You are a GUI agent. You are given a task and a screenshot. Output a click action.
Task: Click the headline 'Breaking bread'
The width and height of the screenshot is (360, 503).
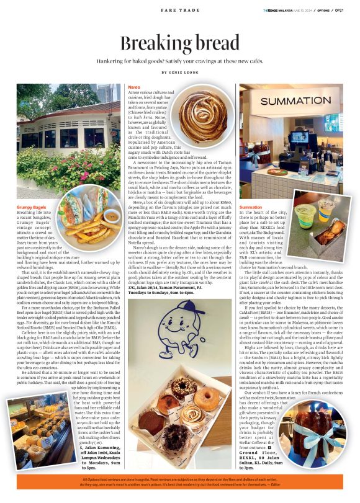click(179, 43)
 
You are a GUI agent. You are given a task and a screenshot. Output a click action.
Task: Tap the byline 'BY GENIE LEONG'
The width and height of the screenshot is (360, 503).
click(179, 73)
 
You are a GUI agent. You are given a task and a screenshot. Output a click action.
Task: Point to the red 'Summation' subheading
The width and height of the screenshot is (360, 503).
click(251, 207)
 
